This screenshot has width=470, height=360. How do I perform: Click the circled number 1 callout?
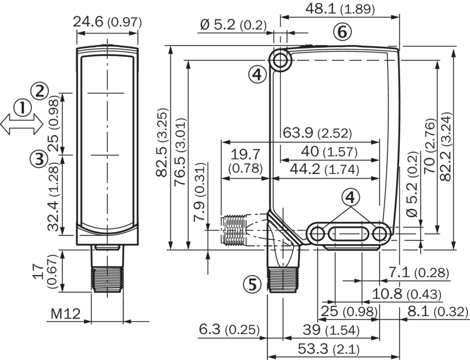point(22,107)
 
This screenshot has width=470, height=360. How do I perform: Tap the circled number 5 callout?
point(252,284)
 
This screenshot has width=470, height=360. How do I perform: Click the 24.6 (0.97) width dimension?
point(107,22)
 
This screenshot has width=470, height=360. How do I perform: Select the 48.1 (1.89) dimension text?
point(339,8)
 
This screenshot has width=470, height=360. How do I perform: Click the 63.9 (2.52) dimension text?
point(317,133)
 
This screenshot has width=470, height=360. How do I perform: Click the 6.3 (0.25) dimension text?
point(229,329)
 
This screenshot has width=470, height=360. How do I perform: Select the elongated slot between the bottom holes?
point(349,233)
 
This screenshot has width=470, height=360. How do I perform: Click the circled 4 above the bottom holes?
point(351,198)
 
